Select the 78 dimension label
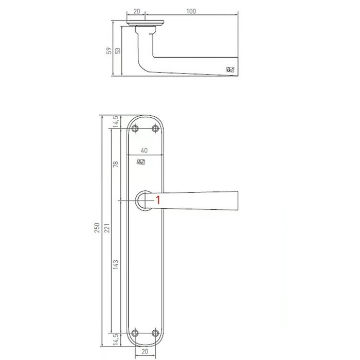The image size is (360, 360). tap(116, 165)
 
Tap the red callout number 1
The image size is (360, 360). tap(158, 201)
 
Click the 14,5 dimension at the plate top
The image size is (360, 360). tap(116, 122)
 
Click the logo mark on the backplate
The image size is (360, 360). tap(141, 163)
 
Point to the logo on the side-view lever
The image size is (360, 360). tap(229, 70)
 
